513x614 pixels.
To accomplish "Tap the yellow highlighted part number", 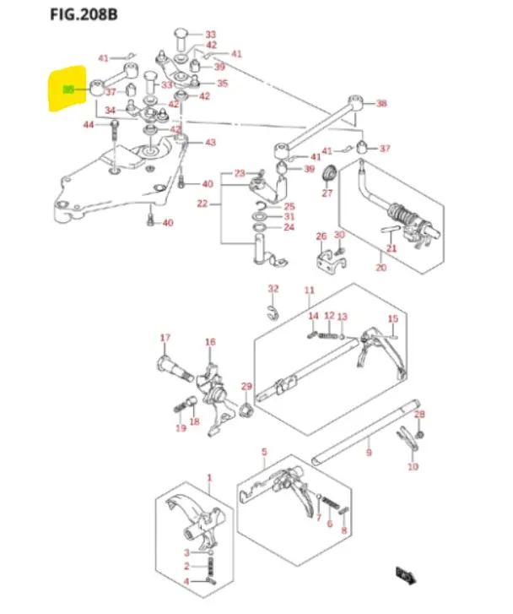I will click(x=68, y=88).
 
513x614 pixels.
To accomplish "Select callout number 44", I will click(x=89, y=124).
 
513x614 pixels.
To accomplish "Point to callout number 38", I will click(x=381, y=104).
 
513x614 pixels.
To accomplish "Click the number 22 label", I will click(x=202, y=204).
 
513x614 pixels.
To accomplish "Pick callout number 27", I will click(x=327, y=193).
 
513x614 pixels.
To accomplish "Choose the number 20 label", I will click(x=381, y=268).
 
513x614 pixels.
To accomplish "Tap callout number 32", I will click(x=273, y=289).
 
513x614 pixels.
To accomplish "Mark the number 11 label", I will click(x=309, y=291).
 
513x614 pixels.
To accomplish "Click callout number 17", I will click(x=165, y=339).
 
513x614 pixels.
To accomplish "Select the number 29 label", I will click(x=246, y=387).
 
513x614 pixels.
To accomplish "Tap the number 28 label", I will click(x=419, y=414).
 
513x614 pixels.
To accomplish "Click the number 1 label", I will click(x=209, y=478).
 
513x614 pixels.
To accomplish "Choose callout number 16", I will click(x=210, y=342).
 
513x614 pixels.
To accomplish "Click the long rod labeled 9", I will click(x=363, y=432).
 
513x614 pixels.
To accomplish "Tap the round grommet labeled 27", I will click(x=329, y=177).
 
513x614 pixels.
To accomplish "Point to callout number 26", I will click(x=321, y=236).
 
